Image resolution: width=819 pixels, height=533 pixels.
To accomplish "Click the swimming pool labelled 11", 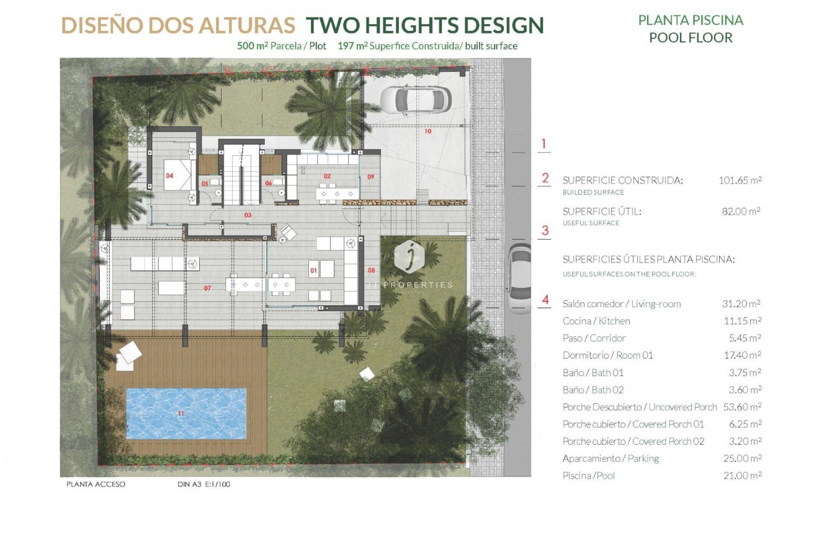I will click(x=186, y=413).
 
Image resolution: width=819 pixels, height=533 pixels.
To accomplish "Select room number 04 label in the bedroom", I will click(x=169, y=176).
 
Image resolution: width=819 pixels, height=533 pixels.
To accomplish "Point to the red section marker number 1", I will click(x=544, y=144).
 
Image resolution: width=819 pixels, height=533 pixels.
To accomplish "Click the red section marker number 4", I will click(x=545, y=300).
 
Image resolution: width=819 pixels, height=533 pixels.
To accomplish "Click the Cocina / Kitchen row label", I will click(x=596, y=321).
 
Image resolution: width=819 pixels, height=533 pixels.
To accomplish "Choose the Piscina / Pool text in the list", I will click(x=588, y=476).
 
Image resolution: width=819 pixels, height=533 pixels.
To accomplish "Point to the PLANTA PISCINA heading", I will click(x=691, y=20).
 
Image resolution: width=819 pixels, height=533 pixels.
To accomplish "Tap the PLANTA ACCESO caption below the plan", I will click(x=96, y=484).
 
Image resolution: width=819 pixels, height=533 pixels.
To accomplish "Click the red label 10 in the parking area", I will click(x=427, y=132).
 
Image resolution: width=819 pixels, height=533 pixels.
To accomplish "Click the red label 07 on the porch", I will click(x=207, y=288).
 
